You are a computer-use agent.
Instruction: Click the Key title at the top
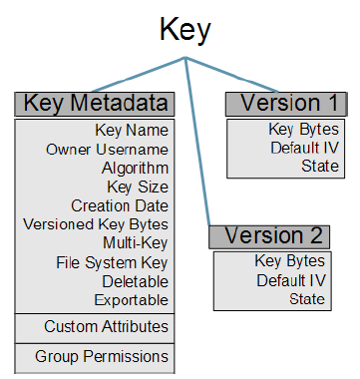point(185,29)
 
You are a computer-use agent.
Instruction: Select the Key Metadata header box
point(95,103)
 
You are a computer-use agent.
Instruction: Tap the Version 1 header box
point(286,103)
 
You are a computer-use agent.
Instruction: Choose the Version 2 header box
point(268,236)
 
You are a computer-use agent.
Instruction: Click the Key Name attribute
point(132,130)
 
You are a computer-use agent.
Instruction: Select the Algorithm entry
point(135,168)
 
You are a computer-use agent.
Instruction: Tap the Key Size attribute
point(138,187)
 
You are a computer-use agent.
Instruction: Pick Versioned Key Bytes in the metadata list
point(96,224)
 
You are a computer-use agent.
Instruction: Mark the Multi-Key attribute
point(136,243)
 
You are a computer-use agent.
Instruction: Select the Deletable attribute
point(137,281)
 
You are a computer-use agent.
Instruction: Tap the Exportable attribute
point(132,299)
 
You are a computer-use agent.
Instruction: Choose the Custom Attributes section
point(106,326)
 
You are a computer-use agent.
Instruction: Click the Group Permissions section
point(102,355)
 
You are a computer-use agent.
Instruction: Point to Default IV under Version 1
point(304,148)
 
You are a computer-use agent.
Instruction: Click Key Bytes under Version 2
point(289,261)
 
